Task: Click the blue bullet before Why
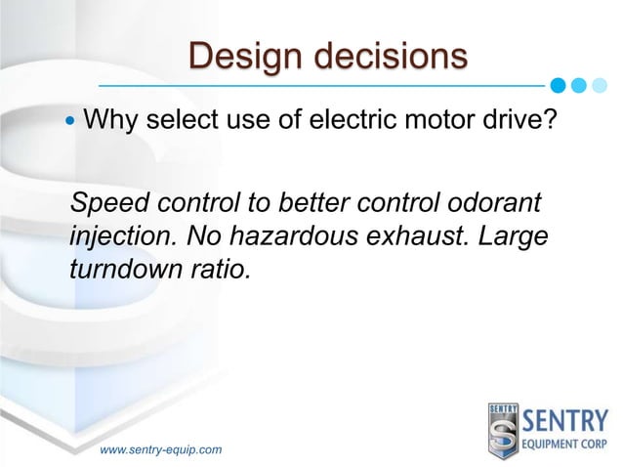tap(69, 124)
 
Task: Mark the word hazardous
tap(283, 236)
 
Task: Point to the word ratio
tap(217, 267)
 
